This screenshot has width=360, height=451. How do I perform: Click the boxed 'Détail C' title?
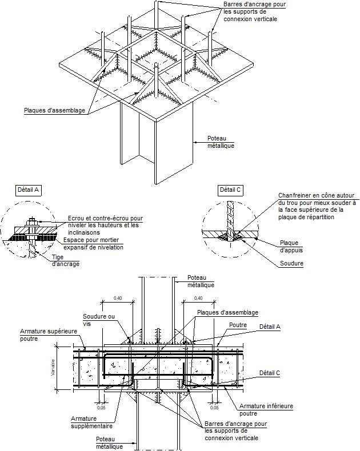(230, 190)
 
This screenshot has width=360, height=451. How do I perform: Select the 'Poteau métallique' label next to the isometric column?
(220, 142)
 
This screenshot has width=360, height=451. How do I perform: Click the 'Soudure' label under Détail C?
(291, 264)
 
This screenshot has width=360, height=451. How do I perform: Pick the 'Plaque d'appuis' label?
(292, 247)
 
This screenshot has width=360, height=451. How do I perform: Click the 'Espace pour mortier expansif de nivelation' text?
(93, 243)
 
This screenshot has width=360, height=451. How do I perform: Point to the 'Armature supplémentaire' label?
(91, 422)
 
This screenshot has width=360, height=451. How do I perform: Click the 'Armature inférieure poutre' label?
(266, 410)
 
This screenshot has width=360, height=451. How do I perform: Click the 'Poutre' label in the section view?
(237, 324)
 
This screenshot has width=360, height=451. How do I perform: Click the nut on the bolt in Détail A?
(31, 221)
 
